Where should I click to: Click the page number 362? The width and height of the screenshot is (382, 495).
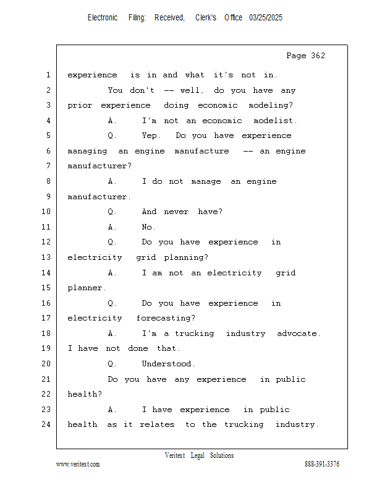pos(318,56)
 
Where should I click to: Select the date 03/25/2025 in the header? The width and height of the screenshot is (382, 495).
pos(266,18)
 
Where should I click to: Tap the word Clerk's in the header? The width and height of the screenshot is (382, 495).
pos(206,18)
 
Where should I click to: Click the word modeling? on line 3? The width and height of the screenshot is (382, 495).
pos(271,105)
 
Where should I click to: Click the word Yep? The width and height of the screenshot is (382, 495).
pos(151,136)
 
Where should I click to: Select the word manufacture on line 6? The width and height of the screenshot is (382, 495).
pos(202,151)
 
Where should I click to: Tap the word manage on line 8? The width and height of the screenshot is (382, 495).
pos(206,181)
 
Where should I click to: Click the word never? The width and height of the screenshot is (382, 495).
pos(176,212)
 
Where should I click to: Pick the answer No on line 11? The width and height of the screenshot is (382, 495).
pos(148,227)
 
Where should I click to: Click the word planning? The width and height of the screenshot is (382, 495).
pos(186,257)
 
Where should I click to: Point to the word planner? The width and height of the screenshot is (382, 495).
pos(87,288)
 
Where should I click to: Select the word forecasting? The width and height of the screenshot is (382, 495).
pos(166,318)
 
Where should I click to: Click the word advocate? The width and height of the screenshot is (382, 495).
pos(299,334)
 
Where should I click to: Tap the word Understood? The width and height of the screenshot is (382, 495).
pos(169,364)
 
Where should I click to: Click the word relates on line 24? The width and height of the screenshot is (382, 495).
pos(157,424)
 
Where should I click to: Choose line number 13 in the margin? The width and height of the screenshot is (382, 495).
pos(46,257)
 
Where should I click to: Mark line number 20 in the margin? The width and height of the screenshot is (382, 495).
pos(46,364)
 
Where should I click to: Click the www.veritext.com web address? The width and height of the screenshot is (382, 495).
pos(78,464)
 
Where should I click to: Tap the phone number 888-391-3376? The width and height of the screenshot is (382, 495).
pos(322,464)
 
